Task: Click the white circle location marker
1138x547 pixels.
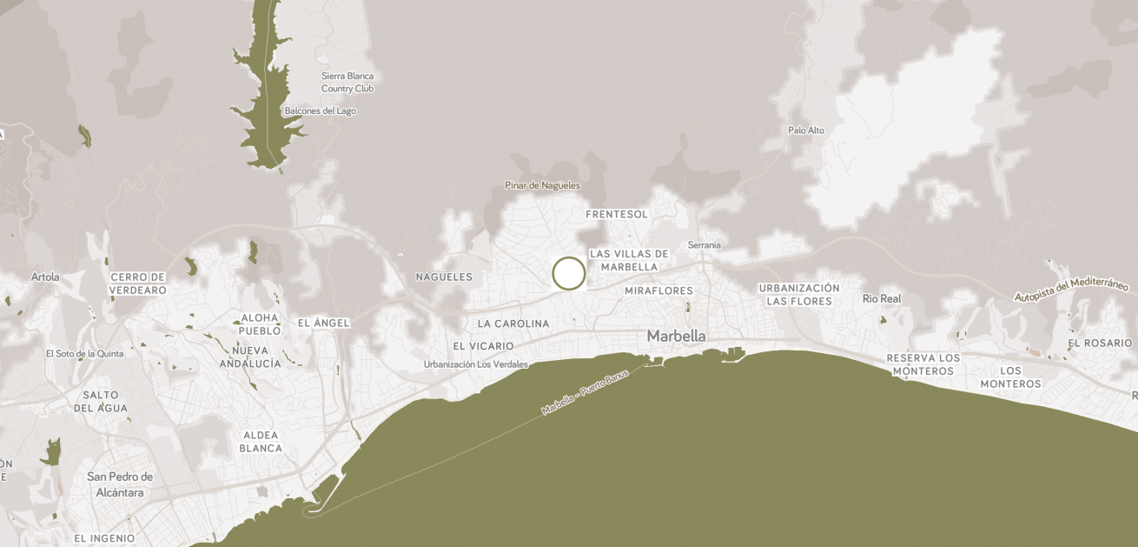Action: [x=569, y=273]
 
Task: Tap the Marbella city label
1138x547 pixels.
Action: [x=676, y=336]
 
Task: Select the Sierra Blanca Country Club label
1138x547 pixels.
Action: [x=347, y=82]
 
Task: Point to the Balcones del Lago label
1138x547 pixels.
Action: [x=320, y=111]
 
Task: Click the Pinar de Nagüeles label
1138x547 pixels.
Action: [x=542, y=185]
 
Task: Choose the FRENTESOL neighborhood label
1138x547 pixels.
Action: [x=617, y=214]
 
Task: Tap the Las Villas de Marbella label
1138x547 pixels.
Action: [x=629, y=260]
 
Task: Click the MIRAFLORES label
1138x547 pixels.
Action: [x=658, y=290]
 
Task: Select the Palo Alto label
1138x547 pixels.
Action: [x=805, y=130]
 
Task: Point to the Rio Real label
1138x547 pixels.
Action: [x=882, y=298]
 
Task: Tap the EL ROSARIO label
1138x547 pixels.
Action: [x=1100, y=344]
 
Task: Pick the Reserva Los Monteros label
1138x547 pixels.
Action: [x=923, y=364]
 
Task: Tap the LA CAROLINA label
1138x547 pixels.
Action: [x=513, y=324]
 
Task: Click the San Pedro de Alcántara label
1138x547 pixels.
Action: [x=120, y=484]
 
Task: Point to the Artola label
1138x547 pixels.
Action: [x=45, y=277]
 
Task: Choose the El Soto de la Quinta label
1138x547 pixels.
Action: [x=84, y=354]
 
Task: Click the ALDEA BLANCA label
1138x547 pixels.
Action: [x=261, y=442]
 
